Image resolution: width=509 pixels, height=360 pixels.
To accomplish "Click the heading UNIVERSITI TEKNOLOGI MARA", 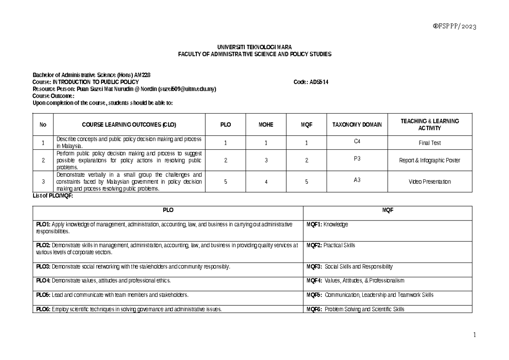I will (255, 47).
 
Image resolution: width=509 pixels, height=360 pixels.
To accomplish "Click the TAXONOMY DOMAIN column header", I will (357, 125).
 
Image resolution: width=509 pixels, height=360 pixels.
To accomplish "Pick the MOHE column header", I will (266, 125).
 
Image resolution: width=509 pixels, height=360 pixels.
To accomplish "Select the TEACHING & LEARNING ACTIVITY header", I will (430, 125).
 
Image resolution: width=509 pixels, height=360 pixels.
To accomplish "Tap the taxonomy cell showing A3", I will (357, 179).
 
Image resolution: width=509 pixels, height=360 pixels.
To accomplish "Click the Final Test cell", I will (430, 143).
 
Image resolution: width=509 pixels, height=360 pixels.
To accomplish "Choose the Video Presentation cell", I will (430, 181).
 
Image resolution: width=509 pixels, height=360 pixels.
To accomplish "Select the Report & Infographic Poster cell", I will (430, 160).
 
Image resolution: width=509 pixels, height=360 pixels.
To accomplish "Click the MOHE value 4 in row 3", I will (266, 181).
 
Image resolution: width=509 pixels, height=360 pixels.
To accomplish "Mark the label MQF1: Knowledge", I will (327, 224).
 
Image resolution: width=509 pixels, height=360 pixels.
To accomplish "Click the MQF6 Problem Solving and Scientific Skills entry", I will (355, 309).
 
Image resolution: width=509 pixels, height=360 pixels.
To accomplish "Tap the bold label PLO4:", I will (43, 281).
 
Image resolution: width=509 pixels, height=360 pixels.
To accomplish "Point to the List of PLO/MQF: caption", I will (50, 195).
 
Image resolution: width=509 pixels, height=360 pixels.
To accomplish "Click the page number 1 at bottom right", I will (475, 335).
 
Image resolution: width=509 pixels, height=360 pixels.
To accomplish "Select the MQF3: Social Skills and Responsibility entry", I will (350, 267).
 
